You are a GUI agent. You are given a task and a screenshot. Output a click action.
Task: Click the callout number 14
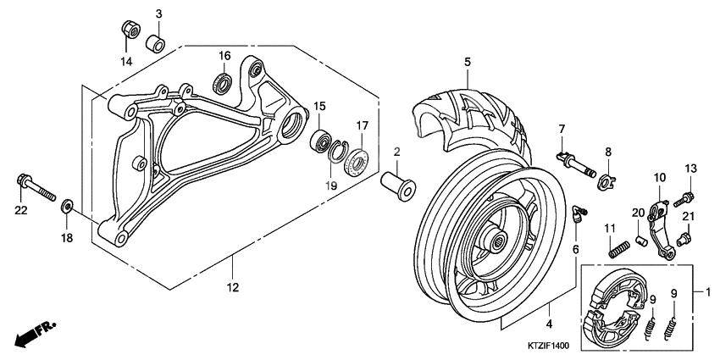125,62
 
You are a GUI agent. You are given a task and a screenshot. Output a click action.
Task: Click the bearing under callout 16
224,83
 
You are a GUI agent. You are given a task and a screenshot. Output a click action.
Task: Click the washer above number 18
68,206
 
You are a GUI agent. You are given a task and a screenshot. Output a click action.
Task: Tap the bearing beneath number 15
321,140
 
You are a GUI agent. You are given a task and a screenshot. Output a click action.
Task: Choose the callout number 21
689,218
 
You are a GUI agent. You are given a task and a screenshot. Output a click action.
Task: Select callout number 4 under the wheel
549,324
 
